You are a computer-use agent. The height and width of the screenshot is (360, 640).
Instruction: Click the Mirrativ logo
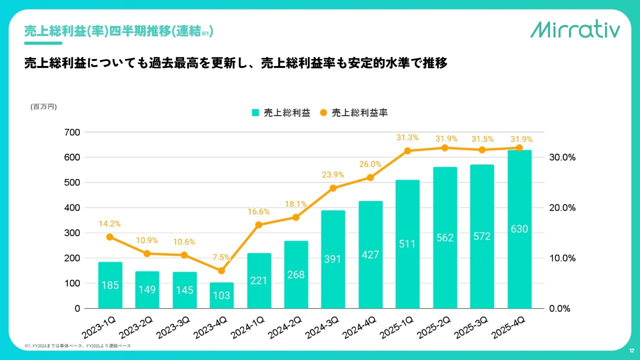pos(575,29)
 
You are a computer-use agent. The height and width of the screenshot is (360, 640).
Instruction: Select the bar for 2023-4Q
pos(221,295)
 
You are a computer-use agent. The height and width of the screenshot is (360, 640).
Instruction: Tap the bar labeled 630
pos(519,229)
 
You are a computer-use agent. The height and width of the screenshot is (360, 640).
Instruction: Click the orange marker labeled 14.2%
pos(109,237)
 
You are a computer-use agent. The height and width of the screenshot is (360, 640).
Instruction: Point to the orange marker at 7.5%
pos(221,270)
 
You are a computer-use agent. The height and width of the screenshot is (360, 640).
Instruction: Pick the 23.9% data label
pos(333,174)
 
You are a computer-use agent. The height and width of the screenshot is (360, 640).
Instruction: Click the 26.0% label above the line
pos(370,164)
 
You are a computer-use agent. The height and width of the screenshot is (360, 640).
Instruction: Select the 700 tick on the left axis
pos(72,132)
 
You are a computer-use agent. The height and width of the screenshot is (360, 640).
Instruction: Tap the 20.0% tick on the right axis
pos(562,207)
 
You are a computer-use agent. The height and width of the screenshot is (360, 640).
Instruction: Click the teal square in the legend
pos(255,112)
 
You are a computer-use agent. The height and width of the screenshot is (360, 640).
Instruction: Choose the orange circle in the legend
pos(323,112)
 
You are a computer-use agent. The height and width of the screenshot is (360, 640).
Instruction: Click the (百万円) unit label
pos(43,106)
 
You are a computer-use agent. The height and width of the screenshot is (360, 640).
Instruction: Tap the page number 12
pos(631,350)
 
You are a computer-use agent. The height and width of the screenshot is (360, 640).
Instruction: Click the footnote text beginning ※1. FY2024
pos(77,346)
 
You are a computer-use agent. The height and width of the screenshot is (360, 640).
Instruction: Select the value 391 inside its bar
pos(332,259)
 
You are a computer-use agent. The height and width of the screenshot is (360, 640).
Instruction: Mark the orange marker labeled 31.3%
pos(407,151)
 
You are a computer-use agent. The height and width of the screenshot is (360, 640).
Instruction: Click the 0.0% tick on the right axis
pos(559,308)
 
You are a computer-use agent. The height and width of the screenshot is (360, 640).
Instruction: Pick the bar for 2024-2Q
pos(296,274)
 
